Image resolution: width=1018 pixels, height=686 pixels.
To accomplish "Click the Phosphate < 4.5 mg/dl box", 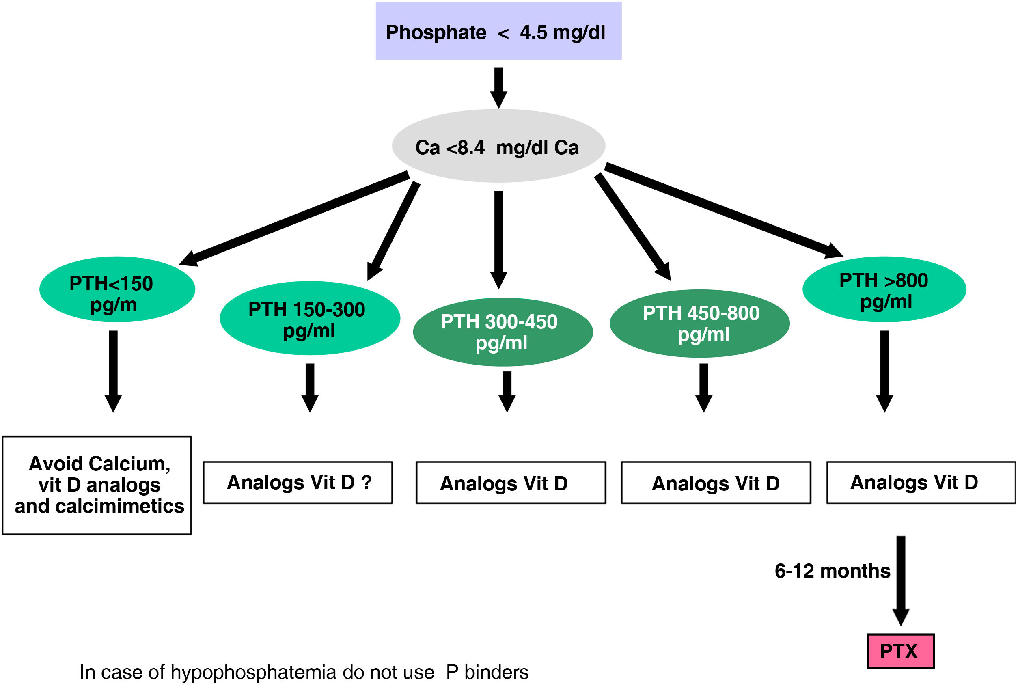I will point(498,30).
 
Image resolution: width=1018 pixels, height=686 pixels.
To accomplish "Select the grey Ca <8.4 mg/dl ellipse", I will point(498,146).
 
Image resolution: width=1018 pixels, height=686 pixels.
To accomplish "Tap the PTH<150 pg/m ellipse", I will point(117,289).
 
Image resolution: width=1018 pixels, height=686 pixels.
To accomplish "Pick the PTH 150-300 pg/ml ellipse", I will point(309,318).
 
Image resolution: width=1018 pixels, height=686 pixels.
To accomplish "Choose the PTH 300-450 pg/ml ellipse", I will point(502,332).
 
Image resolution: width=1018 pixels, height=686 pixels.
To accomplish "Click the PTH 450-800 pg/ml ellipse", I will point(699,323).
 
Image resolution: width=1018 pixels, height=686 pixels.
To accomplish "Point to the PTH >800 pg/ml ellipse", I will point(884,289).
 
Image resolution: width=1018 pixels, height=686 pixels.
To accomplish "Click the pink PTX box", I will point(900,651).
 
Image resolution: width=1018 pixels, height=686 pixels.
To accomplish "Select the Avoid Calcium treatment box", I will point(97,485).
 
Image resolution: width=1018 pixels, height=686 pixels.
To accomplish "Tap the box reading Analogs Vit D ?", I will point(298,483).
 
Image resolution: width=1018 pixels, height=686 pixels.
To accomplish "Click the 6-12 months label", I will point(832,571).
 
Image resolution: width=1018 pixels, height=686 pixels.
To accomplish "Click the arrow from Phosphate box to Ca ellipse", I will point(498,86).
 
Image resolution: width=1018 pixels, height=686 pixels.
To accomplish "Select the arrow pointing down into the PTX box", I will point(900,580).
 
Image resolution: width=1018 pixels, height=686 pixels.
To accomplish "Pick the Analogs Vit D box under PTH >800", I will point(921,483).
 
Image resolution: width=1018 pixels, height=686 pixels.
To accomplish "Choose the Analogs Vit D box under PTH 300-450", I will point(510,483).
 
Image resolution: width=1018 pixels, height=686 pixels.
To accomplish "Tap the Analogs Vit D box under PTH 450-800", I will point(716,483).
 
